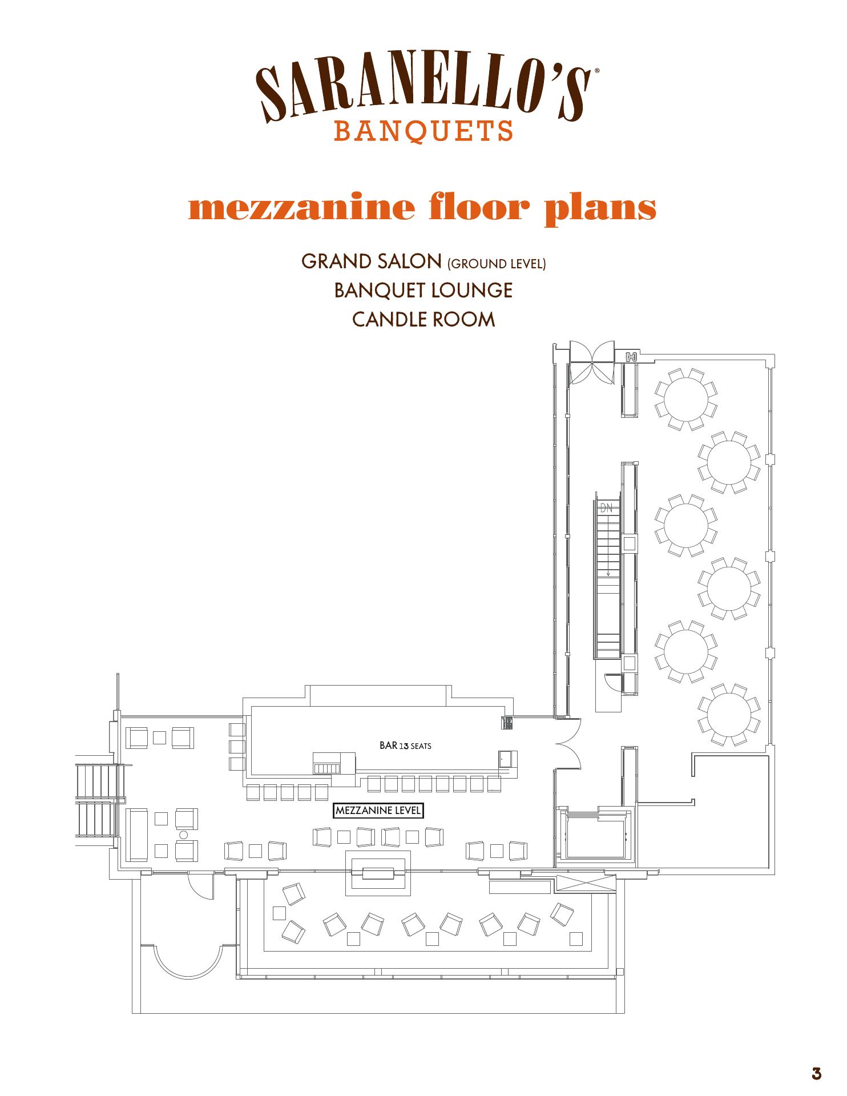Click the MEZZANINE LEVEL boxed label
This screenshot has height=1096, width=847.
tap(378, 811)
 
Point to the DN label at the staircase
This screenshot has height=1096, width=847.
tap(606, 507)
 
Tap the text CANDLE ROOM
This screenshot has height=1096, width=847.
tap(424, 319)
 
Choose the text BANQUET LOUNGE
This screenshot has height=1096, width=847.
tap(424, 291)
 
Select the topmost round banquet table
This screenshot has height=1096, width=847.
tap(686, 399)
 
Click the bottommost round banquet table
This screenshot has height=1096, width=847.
tap(729, 715)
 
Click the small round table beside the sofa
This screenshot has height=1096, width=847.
tap(184, 835)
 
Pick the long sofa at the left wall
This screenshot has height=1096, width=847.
tap(137, 835)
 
